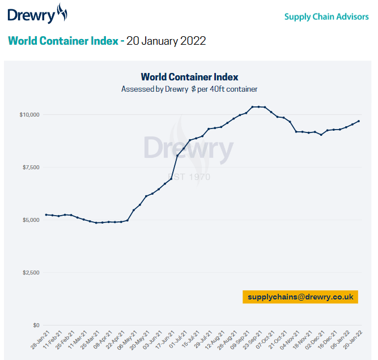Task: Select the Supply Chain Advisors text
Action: pyautogui.click(x=326, y=16)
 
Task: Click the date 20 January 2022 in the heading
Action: pyautogui.click(x=166, y=41)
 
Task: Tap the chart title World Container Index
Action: pyautogui.click(x=189, y=77)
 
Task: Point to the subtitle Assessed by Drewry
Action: pyautogui.click(x=189, y=89)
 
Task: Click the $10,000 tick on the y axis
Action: pyautogui.click(x=29, y=115)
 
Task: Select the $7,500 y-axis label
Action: pyautogui.click(x=30, y=168)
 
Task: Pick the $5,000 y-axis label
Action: pyautogui.click(x=30, y=220)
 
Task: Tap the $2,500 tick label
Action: pyautogui.click(x=30, y=273)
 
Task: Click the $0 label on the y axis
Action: pyautogui.click(x=36, y=325)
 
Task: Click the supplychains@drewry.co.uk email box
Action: pyautogui.click(x=300, y=297)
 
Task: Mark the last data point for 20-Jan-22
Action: pyautogui.click(x=359, y=121)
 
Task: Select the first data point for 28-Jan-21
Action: pyautogui.click(x=46, y=215)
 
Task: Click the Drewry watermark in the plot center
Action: pyautogui.click(x=188, y=148)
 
